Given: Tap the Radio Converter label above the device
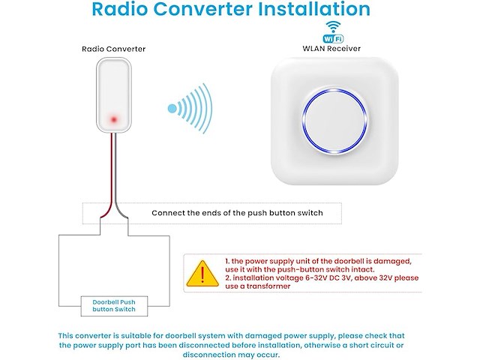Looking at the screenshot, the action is point(113,49).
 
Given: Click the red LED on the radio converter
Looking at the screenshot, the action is point(114,119).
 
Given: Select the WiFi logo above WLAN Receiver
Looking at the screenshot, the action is point(333,31).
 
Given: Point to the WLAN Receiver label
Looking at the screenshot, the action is point(331,48).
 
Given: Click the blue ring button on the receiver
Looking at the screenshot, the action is point(334,121).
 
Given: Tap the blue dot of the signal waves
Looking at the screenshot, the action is point(172,108).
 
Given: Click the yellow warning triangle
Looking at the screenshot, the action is point(202,273).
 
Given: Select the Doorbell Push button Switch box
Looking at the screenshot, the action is point(114,306).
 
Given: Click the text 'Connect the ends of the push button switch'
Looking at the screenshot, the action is point(237,213).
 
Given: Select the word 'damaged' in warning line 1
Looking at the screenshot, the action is point(392,262).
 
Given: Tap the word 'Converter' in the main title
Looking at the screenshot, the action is point(202,9).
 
